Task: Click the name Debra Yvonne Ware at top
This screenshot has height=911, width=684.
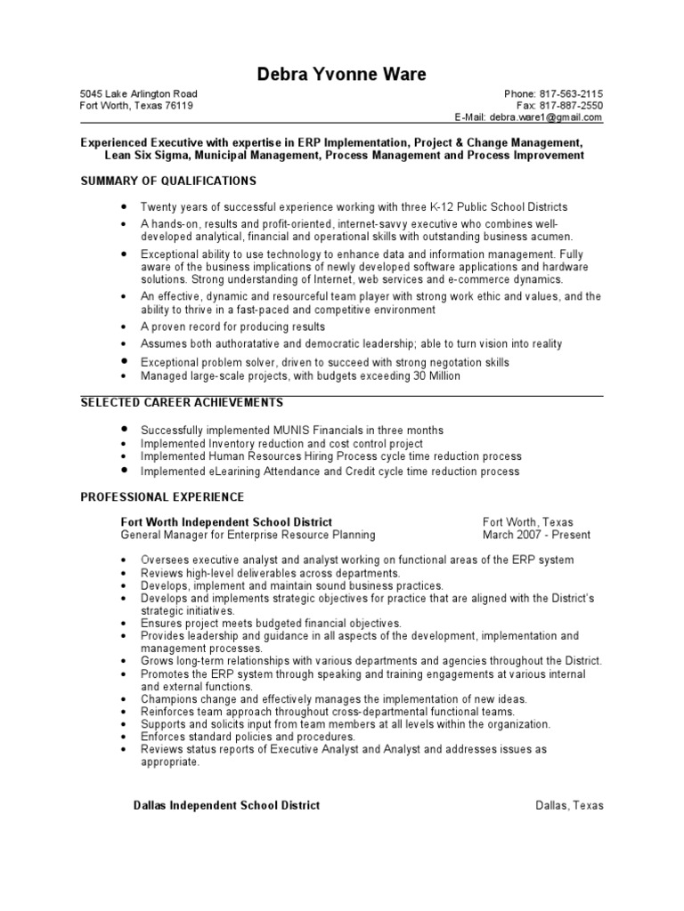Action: [341, 74]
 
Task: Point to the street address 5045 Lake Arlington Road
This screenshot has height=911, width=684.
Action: [139, 93]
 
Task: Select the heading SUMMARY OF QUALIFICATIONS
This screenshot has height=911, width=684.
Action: [168, 181]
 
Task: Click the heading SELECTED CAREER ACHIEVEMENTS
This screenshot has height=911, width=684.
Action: [182, 403]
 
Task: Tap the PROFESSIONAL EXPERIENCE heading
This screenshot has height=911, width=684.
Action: [162, 496]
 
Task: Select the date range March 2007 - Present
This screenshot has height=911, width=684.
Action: [536, 535]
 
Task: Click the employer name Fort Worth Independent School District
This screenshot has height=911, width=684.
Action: [226, 522]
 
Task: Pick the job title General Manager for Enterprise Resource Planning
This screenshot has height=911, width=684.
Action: [248, 535]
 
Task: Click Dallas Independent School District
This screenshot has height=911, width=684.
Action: [226, 805]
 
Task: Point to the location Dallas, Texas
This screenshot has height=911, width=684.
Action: [569, 805]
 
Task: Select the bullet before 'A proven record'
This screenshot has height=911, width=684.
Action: [123, 327]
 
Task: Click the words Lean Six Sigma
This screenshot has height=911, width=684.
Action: [145, 155]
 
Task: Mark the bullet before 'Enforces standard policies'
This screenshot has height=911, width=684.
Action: [123, 737]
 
